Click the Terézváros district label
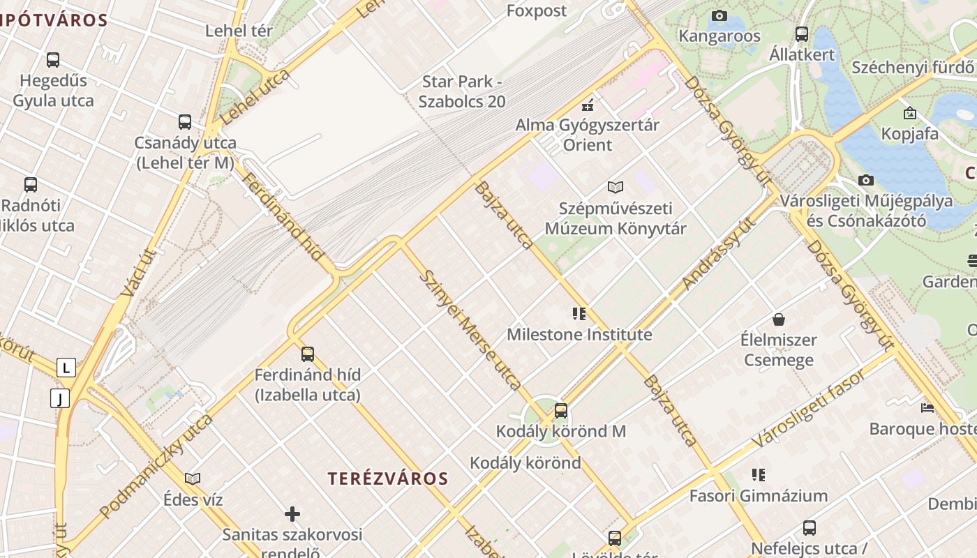coord(388,478)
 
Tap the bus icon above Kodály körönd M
coord(561,411)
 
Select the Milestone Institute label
coord(579,335)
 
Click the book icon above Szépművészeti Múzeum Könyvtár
coord(615,187)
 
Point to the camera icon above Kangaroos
coord(719,15)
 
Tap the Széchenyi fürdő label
coord(913,68)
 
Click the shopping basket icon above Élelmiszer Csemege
coord(779,319)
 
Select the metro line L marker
coord(66,368)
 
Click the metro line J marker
coord(61,399)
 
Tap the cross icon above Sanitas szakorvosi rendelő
coord(292,515)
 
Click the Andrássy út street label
coord(719,254)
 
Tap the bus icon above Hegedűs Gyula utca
coord(53,60)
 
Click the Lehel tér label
coord(239,31)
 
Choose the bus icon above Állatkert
coord(802,33)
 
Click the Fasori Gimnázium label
coord(758,496)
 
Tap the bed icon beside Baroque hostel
coord(927,407)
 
